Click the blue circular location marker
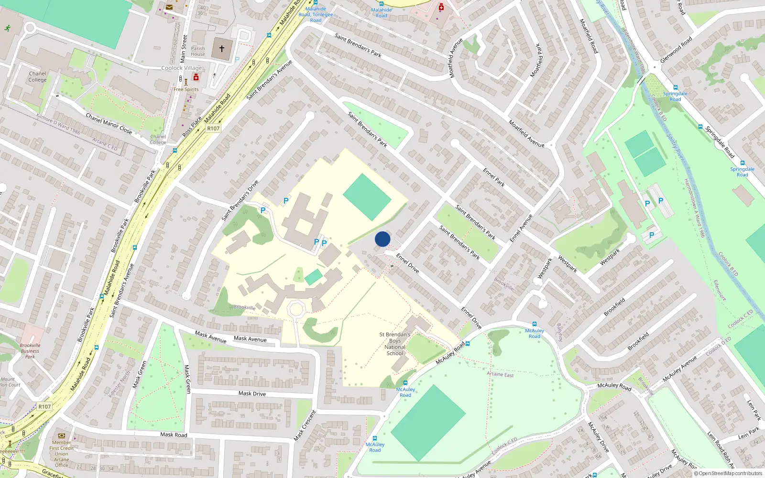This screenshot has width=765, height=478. click(x=382, y=239)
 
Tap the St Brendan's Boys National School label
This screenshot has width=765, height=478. click(x=395, y=344)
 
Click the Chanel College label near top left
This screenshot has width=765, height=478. click(x=37, y=76)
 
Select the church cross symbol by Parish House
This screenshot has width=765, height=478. click(x=222, y=49)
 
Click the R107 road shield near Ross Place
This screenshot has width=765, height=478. click(x=213, y=129)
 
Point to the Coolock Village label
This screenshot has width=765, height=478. click(x=182, y=68)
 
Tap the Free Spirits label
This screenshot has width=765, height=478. click(x=186, y=89)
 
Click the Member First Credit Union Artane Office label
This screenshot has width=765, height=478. click(x=62, y=454)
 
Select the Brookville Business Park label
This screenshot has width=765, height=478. click(x=30, y=351)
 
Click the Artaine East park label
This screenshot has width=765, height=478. click(x=500, y=374)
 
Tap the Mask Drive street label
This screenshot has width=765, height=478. click(x=252, y=393)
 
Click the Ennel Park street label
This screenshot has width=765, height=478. click(x=493, y=177)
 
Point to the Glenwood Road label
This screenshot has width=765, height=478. click(x=676, y=50)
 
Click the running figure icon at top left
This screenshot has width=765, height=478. click(x=8, y=28)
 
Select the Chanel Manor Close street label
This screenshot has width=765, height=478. click(x=109, y=123)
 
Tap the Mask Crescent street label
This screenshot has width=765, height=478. click(x=305, y=425)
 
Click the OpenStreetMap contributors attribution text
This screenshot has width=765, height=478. click(x=728, y=473)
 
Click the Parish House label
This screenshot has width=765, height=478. click(x=198, y=51)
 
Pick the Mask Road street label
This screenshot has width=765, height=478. click(x=174, y=435)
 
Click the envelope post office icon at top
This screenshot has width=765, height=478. click(x=169, y=7)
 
